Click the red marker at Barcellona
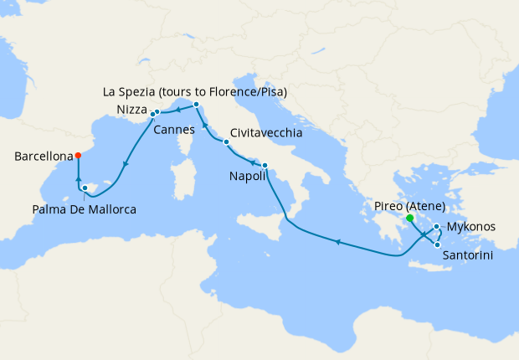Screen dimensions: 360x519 [77, 155]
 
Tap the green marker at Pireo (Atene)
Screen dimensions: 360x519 [409, 219]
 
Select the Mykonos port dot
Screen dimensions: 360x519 [438, 227]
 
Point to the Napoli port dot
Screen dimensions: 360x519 [265, 165]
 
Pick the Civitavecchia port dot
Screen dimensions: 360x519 [226, 142]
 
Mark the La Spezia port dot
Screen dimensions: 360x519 [195, 105]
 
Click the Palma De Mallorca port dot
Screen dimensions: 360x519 [85, 176]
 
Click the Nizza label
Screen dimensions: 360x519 [132, 110]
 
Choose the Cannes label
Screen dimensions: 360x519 [174, 130]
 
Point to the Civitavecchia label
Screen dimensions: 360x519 [266, 132]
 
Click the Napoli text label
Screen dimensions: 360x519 [248, 177]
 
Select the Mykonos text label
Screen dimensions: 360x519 [471, 227]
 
